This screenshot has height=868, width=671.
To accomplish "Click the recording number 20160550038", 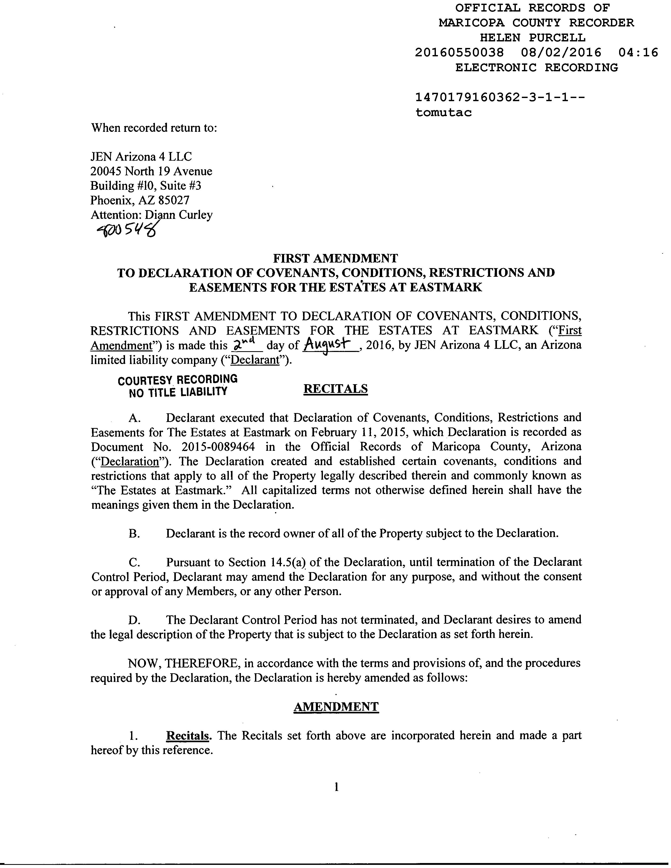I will tap(459, 52).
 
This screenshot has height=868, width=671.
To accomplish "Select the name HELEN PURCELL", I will tap(532, 38).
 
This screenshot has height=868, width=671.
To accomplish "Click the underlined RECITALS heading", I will tap(335, 389).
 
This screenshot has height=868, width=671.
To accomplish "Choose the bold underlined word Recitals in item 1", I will tap(188, 736).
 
